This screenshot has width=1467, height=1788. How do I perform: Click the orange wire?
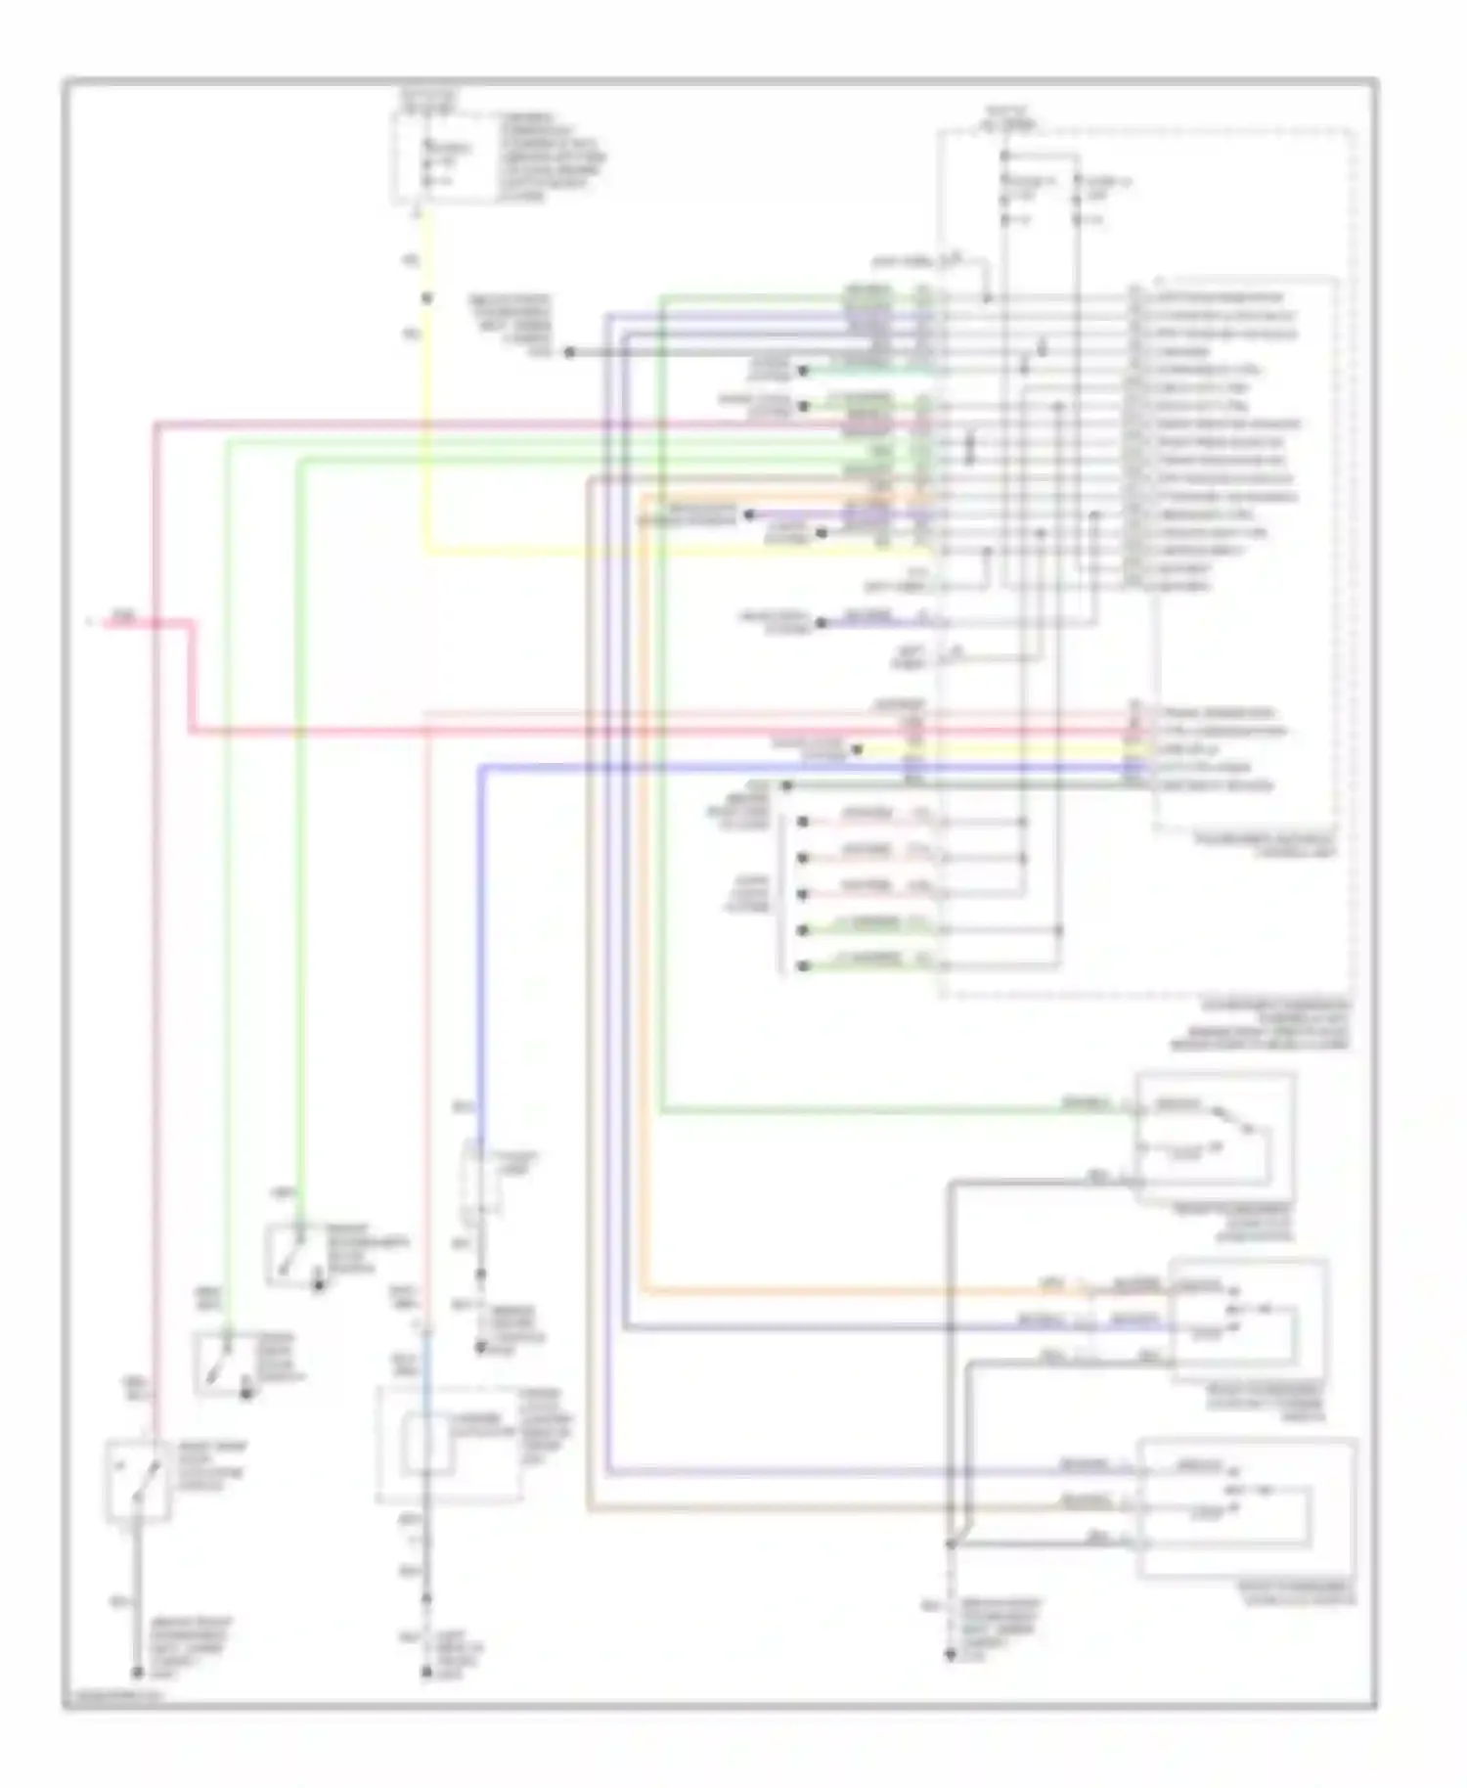tap(643, 880)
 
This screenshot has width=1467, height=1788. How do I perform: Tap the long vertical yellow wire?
tap(425, 440)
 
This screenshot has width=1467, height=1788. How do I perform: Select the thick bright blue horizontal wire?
tap(782, 768)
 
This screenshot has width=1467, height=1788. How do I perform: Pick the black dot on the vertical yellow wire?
tap(425, 297)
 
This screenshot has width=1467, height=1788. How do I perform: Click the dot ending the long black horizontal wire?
tap(569, 352)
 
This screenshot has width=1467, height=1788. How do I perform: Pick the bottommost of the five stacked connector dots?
tap(802, 966)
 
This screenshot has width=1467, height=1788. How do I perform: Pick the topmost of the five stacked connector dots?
tap(802, 822)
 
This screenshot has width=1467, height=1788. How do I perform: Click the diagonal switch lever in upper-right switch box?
tap(1232, 1120)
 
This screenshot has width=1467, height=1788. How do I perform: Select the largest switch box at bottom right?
tap(1248, 1507)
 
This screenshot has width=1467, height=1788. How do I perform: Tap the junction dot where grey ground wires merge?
tap(950, 1544)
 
